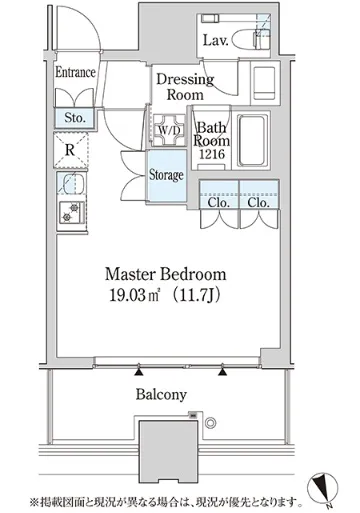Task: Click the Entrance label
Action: tap(75, 72)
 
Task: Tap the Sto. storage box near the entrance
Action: tap(75, 117)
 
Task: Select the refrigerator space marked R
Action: tap(71, 150)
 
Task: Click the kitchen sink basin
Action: tap(71, 184)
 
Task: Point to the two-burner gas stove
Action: tap(71, 213)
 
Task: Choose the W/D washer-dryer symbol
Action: tap(168, 130)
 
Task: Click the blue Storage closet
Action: tap(166, 175)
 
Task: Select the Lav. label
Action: tap(216, 41)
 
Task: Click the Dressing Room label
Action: tap(185, 87)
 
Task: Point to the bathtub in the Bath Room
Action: tap(253, 140)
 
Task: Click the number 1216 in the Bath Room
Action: tap(212, 154)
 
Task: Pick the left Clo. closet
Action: tap(219, 195)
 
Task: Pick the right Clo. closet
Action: tap(259, 195)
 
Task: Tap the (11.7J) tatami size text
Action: tap(195, 295)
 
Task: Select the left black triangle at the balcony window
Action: tap(139, 372)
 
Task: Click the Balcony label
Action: tap(161, 395)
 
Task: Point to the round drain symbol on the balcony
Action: tap(210, 423)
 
